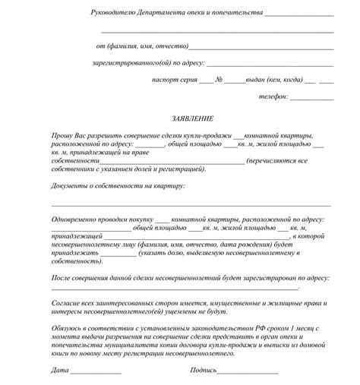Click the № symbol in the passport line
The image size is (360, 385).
point(217,80)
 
